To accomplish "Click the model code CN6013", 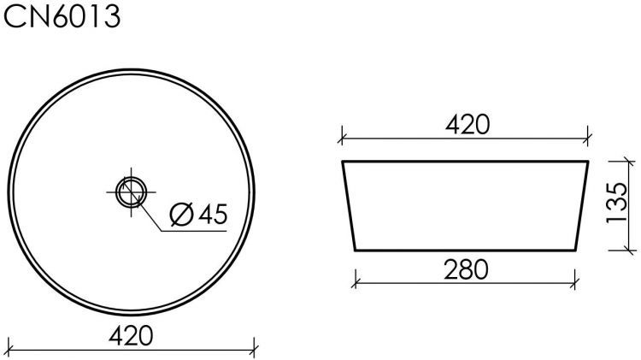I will tap(62, 16).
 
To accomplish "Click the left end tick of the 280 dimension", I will tap(355, 279).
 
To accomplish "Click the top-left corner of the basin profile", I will tap(343, 161).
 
